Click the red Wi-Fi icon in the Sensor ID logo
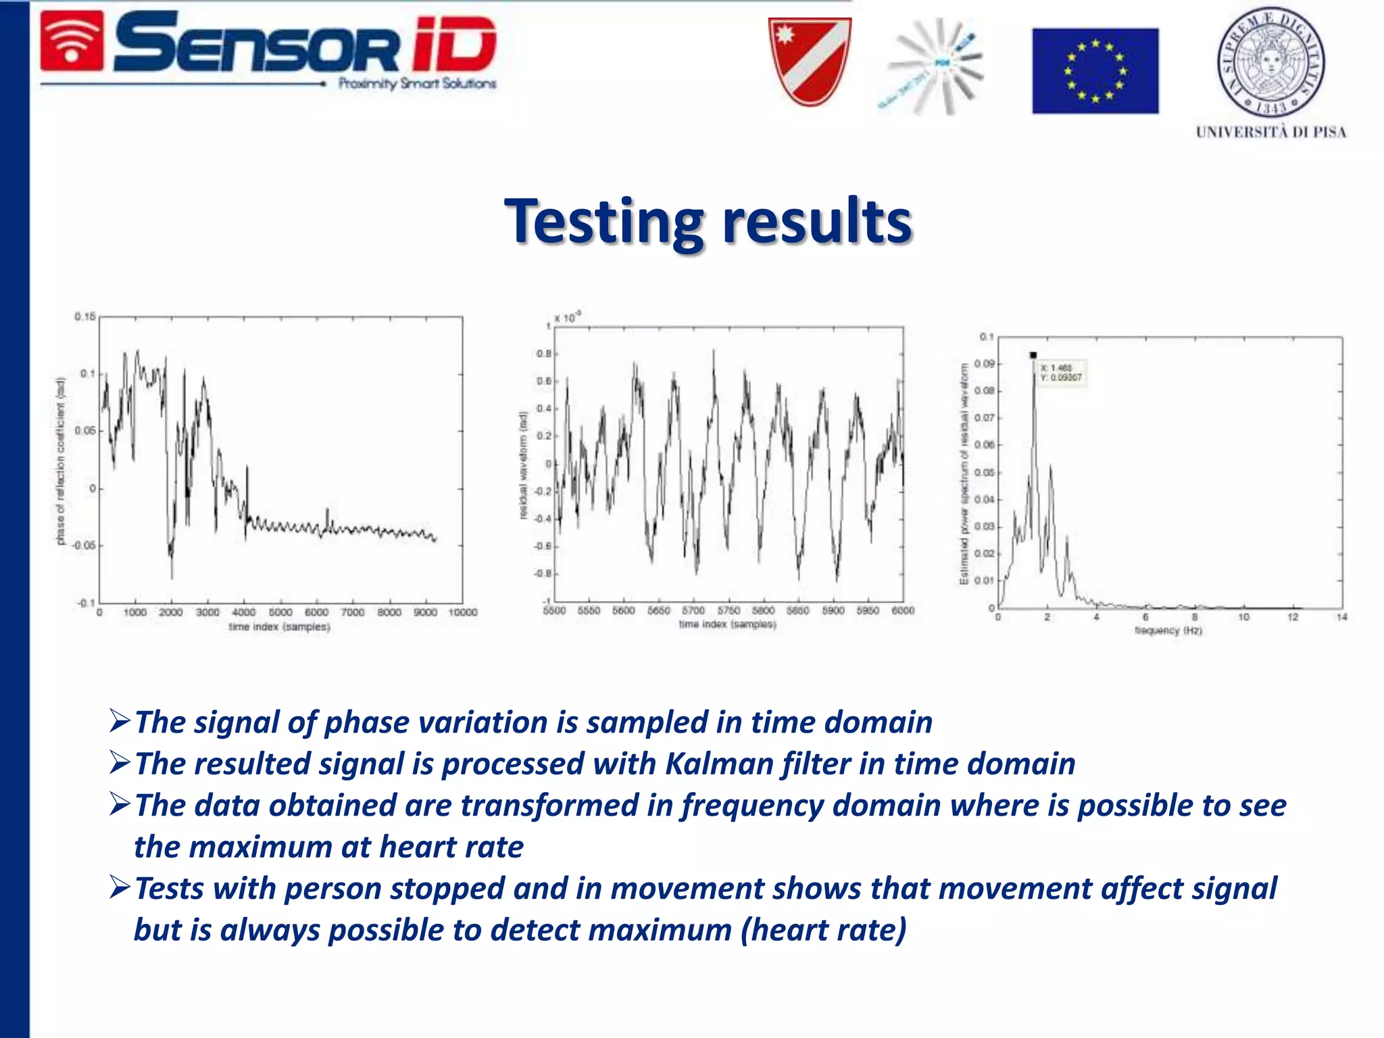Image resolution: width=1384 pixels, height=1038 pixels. pos(72,42)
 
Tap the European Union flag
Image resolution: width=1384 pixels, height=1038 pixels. pos(1095,71)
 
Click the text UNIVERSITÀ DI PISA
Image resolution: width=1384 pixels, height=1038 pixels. pos(1270,132)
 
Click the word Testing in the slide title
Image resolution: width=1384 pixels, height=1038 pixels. pos(605,222)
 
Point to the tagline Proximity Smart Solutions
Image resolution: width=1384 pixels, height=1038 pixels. pos(417,84)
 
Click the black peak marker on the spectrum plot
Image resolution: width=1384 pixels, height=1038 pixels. pos(1033,355)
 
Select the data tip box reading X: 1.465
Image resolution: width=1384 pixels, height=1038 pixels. pos(1062,373)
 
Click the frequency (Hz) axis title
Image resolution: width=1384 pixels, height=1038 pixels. pos(1168,631)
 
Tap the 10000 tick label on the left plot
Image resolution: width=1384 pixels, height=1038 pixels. pos(463,612)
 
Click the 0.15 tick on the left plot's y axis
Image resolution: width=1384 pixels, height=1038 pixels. pos(85,316)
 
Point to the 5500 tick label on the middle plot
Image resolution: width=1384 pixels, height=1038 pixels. pos(554,610)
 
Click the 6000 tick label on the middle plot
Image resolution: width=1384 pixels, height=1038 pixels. pos(903,610)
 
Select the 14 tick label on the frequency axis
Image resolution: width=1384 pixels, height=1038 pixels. pos(1341,617)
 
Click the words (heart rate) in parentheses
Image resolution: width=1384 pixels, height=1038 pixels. pos(824,930)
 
